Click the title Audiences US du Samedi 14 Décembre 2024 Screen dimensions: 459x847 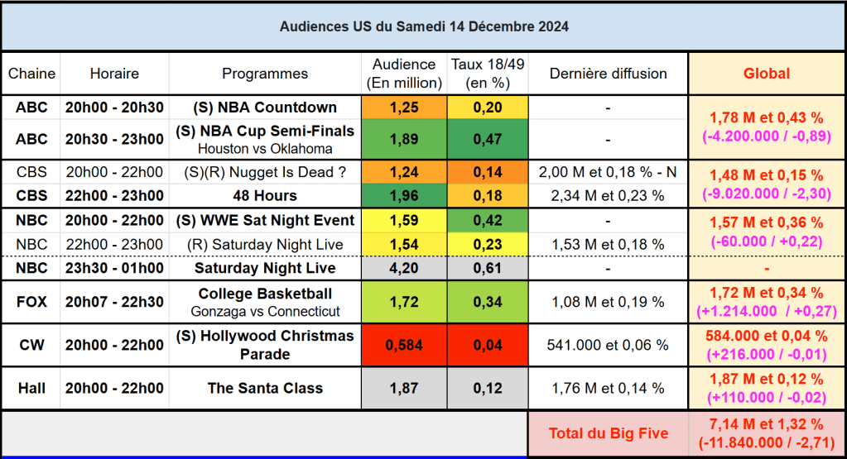click(423, 26)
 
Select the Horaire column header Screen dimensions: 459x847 click(114, 74)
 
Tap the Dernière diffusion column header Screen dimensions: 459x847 click(608, 74)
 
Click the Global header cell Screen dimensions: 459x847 click(767, 74)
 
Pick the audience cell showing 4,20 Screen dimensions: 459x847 click(403, 268)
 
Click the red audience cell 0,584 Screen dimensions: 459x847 click(403, 345)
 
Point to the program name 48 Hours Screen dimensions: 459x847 click(265, 196)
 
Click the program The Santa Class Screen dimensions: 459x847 click(265, 388)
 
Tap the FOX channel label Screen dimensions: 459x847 click(31, 302)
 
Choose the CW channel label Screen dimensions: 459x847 click(31, 345)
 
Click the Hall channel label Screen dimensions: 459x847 click(31, 388)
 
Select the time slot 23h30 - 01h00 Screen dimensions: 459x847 click(114, 268)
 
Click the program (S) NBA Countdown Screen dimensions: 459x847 click(265, 108)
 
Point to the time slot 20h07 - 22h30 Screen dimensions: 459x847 click(114, 302)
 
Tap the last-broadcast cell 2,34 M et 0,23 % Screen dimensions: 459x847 click(608, 196)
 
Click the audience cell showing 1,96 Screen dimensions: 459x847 click(403, 196)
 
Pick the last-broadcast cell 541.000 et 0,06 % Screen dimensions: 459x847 click(608, 345)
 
